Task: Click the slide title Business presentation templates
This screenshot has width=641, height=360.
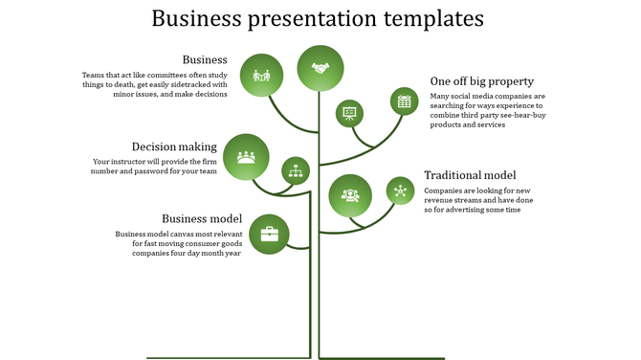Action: click(318, 18)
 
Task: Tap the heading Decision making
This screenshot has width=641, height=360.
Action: click(174, 146)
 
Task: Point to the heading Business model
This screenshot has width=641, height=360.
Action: click(201, 217)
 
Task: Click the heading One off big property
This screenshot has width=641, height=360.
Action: click(481, 80)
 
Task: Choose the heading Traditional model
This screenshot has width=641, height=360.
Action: click(470, 174)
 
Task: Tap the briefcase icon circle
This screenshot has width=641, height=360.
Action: click(270, 234)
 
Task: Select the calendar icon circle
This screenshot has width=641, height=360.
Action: click(404, 101)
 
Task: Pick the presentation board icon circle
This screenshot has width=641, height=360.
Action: click(349, 113)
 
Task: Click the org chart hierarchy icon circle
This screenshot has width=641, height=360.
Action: click(296, 170)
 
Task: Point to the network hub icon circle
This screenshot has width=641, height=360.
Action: click(400, 191)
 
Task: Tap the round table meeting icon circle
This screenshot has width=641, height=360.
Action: click(246, 156)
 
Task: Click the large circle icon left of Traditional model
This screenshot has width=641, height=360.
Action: click(350, 195)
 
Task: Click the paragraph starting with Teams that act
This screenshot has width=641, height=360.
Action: click(153, 84)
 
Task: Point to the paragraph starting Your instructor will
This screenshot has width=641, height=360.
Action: click(155, 167)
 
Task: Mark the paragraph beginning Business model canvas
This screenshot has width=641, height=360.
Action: click(178, 243)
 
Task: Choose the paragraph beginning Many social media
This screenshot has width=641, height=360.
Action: click(487, 110)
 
